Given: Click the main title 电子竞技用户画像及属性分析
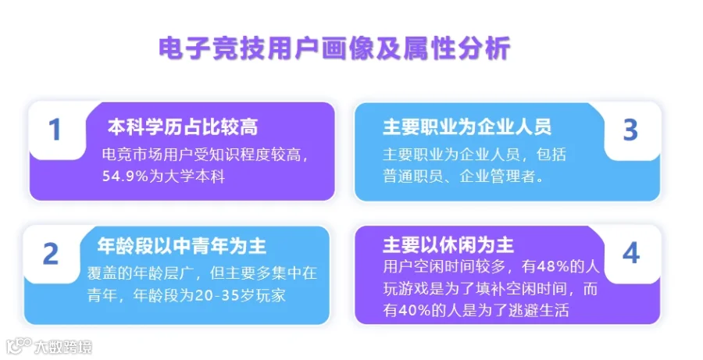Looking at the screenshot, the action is tap(334, 48).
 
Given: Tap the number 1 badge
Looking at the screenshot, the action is tap(55, 130).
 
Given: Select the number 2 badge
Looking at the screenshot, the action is tap(51, 255).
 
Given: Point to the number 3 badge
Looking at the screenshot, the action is tap(630, 130).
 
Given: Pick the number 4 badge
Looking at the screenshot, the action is tap(631, 253).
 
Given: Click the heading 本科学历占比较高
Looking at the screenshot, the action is tap(183, 127).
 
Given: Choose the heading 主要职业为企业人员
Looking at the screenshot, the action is tap(467, 127).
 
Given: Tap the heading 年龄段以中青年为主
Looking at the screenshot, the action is tap(181, 246).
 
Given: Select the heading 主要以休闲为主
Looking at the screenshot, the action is tap(448, 245).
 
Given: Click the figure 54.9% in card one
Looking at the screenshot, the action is tap(125, 176).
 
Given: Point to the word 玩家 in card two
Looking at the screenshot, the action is tap(270, 296).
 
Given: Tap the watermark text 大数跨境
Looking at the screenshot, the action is tap(63, 348).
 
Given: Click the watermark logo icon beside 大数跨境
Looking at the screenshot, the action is tap(19, 347).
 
